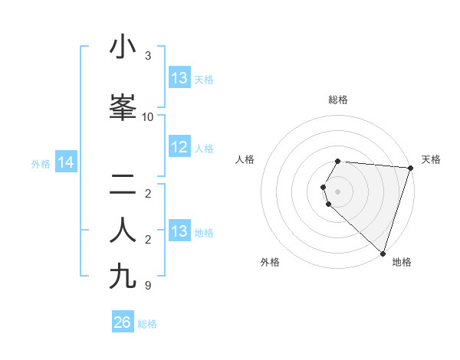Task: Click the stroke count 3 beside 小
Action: click(148, 56)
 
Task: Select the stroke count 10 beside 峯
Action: click(148, 117)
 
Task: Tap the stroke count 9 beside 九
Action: click(148, 286)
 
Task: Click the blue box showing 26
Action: click(122, 322)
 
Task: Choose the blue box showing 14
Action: click(65, 162)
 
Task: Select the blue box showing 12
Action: click(179, 148)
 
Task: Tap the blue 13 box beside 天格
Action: click(179, 78)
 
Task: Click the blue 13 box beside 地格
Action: click(179, 231)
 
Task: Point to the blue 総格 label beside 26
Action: click(147, 324)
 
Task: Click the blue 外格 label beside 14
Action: click(41, 164)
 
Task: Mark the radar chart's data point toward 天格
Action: click(411, 168)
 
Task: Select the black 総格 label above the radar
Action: click(338, 100)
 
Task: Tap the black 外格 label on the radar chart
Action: click(270, 263)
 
